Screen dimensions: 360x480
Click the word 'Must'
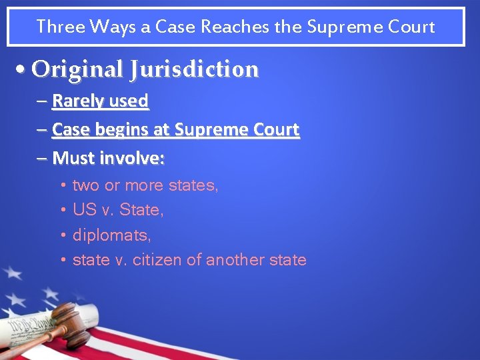click(73, 158)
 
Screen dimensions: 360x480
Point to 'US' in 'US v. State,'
click(84, 210)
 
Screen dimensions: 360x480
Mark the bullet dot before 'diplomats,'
click(62, 235)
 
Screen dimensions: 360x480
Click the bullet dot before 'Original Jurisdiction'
click(23, 69)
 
